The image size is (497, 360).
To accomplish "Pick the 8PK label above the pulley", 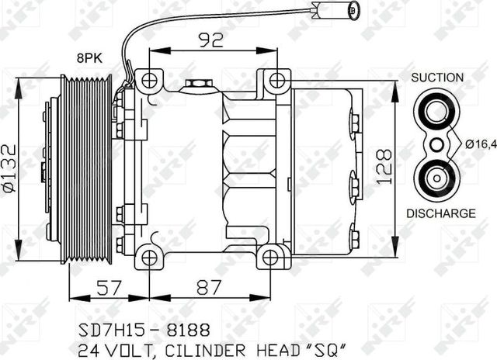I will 89,56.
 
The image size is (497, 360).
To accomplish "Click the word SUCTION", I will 437,78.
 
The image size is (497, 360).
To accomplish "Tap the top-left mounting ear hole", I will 148,79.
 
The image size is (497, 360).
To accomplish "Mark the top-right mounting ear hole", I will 276,79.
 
